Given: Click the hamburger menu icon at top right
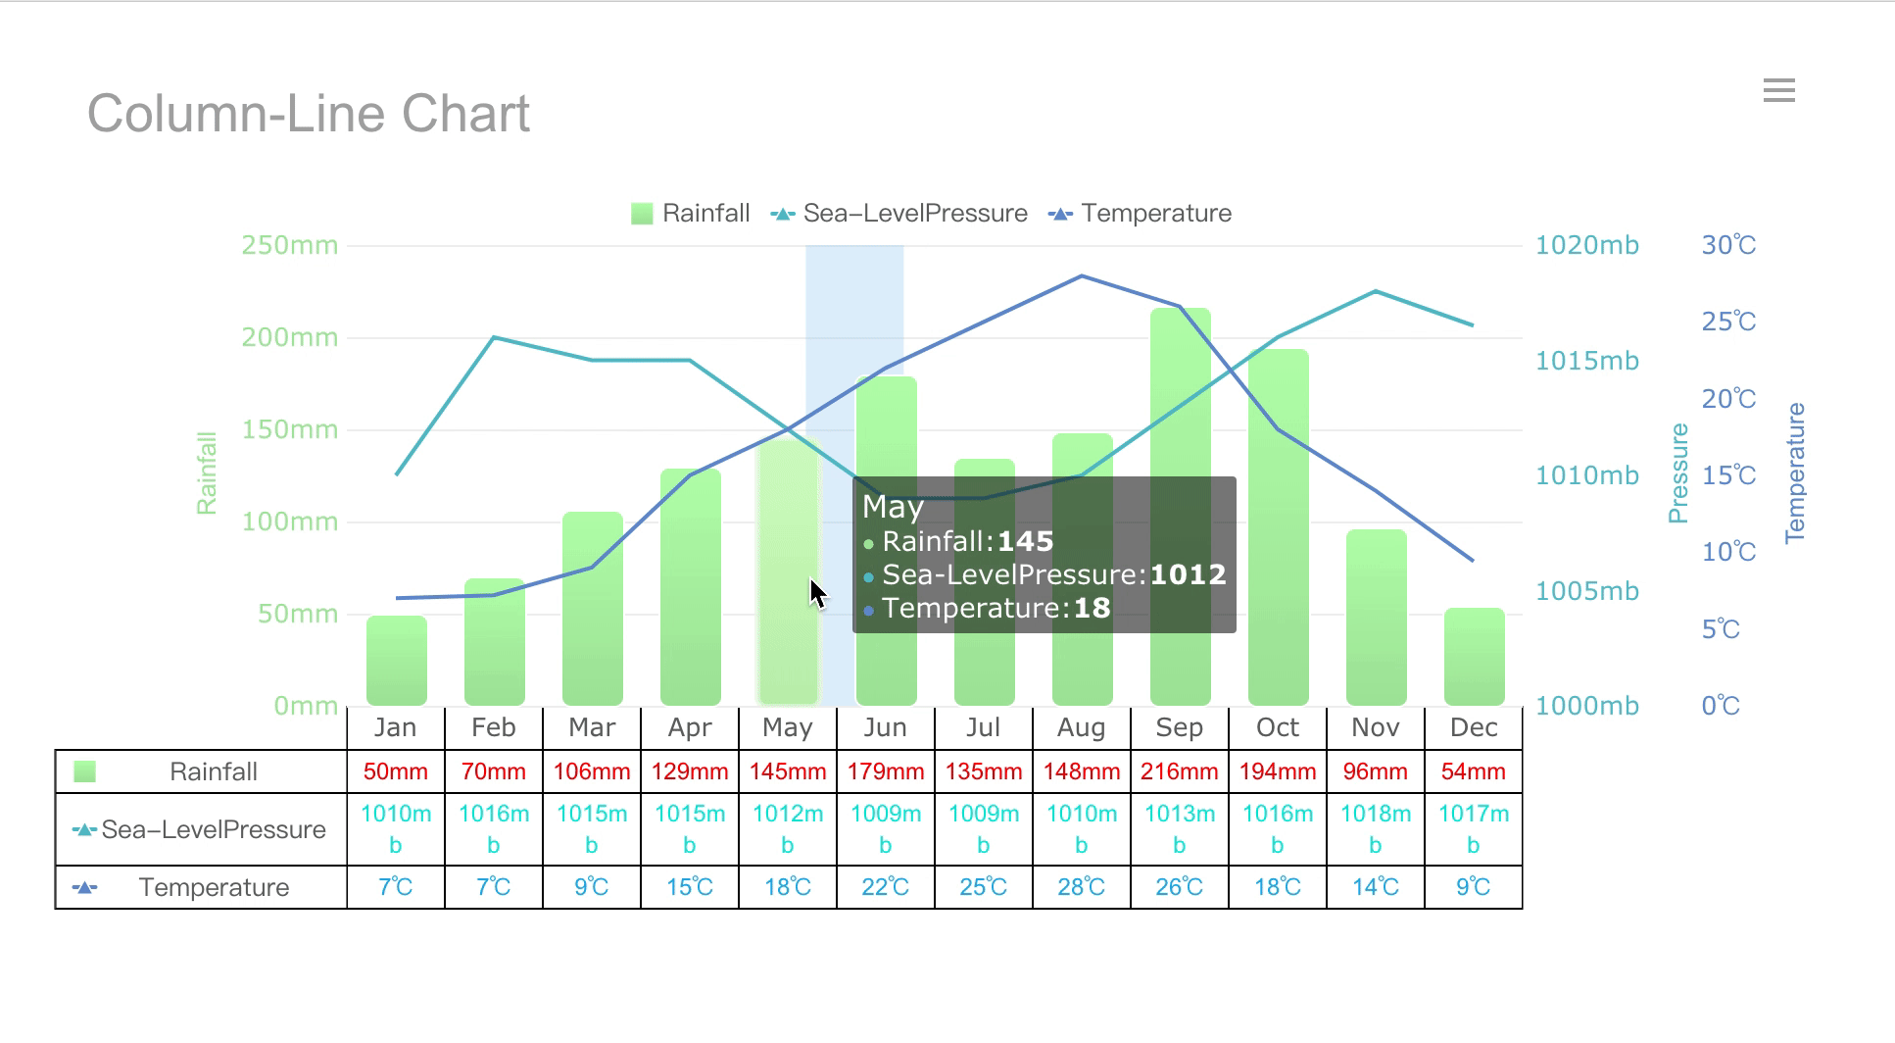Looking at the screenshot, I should tap(1778, 91).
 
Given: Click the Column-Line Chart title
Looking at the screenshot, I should tap(309, 114).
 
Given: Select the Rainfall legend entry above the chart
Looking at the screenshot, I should tap(690, 214).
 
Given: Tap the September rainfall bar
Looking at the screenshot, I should tap(1180, 510).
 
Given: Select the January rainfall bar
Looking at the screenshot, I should tap(396, 662).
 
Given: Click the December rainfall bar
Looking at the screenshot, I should tap(1474, 657).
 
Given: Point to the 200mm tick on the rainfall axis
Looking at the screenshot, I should tap(290, 337).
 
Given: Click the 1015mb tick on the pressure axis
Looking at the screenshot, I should tap(1586, 361).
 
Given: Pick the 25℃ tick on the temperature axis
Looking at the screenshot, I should tap(1728, 322).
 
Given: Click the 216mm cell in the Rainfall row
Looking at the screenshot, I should tap(1180, 771).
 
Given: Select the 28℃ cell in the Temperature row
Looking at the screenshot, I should tap(1082, 887).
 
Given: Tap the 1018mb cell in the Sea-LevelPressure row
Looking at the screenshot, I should tap(1376, 828).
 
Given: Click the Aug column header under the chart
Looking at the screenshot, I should tap(1082, 727).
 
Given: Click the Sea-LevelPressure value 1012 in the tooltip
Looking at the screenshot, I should tap(1188, 574).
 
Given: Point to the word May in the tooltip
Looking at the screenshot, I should tap(893, 507).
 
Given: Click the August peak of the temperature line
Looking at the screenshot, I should tap(1082, 276).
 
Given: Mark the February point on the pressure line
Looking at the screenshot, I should tap(494, 337).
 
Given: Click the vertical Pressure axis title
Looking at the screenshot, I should tap(1678, 473).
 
